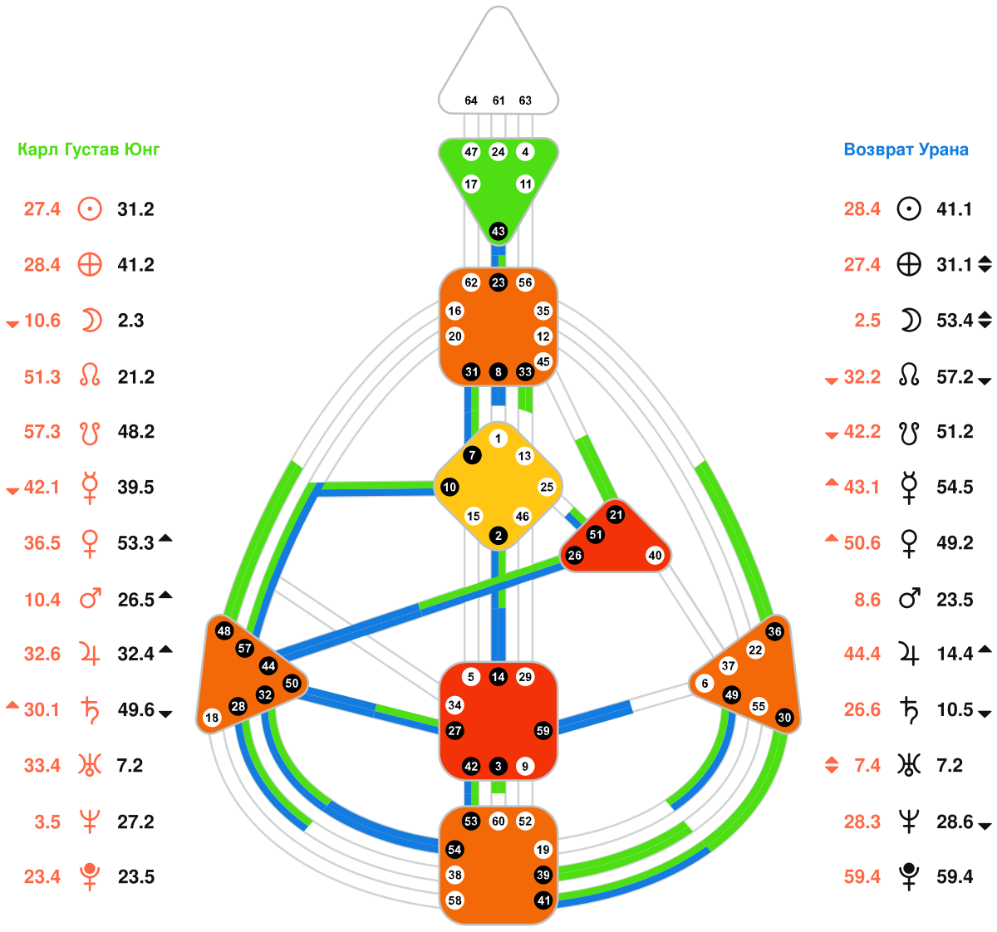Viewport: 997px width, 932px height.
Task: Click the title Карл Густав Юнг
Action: coord(88,150)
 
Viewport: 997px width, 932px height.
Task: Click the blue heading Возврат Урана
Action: coord(906,150)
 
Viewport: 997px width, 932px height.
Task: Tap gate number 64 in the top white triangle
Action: coord(471,101)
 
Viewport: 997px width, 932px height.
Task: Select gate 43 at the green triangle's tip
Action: coord(498,231)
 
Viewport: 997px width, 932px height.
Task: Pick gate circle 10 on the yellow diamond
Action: coord(449,487)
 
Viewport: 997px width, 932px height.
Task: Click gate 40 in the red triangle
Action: coord(656,556)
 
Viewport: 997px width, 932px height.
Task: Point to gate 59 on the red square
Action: coord(543,731)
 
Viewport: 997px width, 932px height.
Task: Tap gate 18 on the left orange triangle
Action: coord(212,718)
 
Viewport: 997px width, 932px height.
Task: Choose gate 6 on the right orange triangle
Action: coord(705,684)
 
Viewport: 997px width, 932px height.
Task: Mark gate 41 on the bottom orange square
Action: coord(543,900)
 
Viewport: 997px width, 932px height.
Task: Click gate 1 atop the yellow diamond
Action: coord(498,439)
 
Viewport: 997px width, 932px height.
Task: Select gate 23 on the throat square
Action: coord(498,282)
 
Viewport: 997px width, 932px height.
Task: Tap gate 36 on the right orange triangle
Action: coord(774,631)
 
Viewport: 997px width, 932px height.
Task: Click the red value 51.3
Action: coord(42,376)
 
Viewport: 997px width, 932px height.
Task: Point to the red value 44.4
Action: coord(862,654)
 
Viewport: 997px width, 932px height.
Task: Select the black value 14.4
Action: coord(955,654)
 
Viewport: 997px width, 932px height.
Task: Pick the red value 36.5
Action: coord(42,542)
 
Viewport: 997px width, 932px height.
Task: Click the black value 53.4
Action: coord(955,321)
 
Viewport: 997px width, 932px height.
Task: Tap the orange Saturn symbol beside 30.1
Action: coord(89,709)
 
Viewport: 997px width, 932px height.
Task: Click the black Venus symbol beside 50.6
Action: coord(910,543)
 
